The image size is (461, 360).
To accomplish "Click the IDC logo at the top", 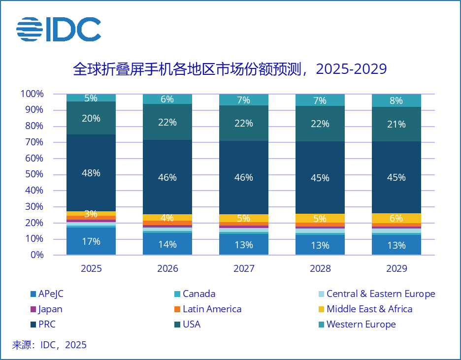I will click(x=59, y=30).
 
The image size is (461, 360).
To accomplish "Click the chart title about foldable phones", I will click(x=230, y=69).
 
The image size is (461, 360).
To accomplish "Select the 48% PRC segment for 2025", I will click(x=91, y=173).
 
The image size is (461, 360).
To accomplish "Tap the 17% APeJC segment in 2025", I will click(x=91, y=241).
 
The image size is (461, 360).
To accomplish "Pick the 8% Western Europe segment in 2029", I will click(x=396, y=100).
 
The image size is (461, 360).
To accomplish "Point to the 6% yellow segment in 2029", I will click(x=396, y=218).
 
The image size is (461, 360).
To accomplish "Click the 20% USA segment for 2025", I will click(x=91, y=118).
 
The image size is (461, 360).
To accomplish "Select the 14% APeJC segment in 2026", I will click(x=167, y=244).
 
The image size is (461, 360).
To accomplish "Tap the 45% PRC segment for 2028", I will click(x=320, y=177).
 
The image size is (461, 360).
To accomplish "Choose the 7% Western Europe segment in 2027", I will click(x=244, y=100).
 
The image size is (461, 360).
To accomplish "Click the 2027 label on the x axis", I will click(x=244, y=269).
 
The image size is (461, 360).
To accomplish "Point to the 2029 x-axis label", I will click(x=396, y=269).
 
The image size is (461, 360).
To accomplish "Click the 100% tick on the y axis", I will click(x=32, y=94).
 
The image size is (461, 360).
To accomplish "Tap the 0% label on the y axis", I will click(x=36, y=255).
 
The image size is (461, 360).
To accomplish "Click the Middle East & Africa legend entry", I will click(x=369, y=309).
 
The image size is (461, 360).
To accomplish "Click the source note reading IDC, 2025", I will click(x=49, y=345).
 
